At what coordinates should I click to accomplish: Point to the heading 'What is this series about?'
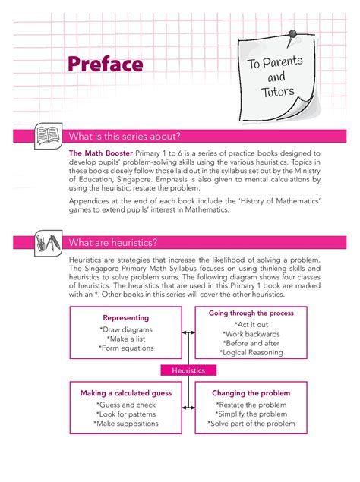tap(125, 137)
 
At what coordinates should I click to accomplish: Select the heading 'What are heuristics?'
tap(113, 243)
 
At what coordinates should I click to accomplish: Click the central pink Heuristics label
tap(189, 370)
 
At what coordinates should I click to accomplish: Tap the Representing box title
tap(126, 317)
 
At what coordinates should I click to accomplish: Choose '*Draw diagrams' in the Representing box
tap(126, 329)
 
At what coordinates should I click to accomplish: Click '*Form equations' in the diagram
tap(126, 348)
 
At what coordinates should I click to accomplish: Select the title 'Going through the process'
tap(251, 313)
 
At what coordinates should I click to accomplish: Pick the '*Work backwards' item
tap(251, 334)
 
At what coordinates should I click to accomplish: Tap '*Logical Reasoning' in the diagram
tap(251, 352)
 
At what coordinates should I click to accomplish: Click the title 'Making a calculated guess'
tap(126, 393)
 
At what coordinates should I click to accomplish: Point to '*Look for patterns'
tap(126, 414)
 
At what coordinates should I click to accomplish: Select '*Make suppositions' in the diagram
tap(126, 424)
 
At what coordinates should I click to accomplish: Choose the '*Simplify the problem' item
tap(251, 414)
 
